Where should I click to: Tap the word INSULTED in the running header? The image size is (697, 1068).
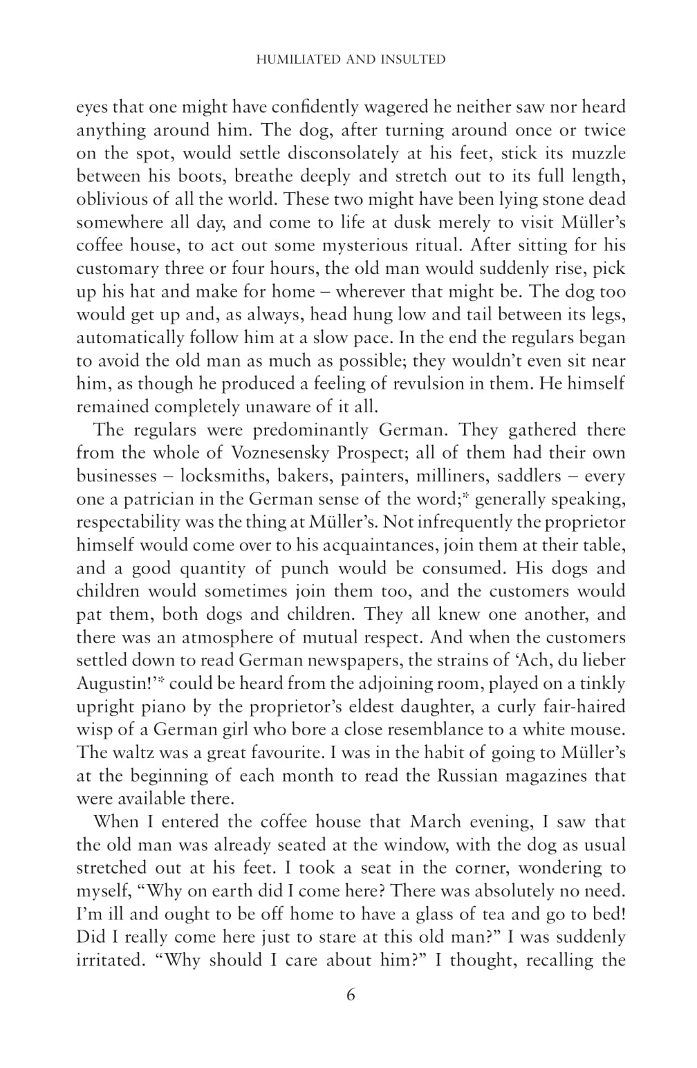point(413,59)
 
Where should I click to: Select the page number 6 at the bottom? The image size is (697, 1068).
point(350,995)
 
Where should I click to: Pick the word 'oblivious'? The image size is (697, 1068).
point(111,199)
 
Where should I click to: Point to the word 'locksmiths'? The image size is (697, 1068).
point(225,476)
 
